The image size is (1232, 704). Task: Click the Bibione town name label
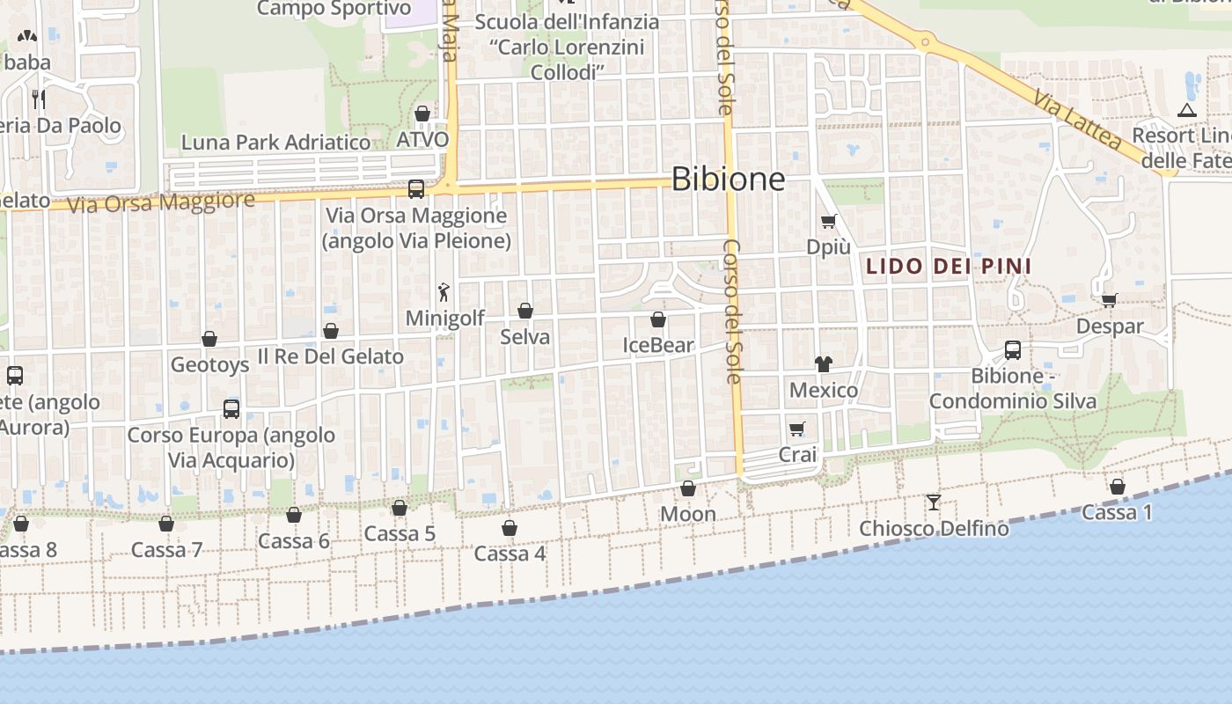(x=728, y=179)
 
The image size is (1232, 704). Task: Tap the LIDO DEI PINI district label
(x=949, y=266)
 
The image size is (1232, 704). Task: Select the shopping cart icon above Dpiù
(x=828, y=221)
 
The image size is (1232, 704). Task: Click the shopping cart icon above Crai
(x=797, y=429)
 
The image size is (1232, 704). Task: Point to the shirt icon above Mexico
(x=823, y=363)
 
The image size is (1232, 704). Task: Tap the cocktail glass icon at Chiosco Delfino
(x=934, y=502)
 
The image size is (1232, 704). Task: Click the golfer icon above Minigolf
(x=444, y=292)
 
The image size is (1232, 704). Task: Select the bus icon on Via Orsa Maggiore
(x=416, y=188)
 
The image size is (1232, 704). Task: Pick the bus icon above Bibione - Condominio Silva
(x=1013, y=350)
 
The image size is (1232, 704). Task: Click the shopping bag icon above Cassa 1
(x=1118, y=486)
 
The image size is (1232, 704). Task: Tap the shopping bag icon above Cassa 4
(x=510, y=528)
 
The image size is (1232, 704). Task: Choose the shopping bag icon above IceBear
(x=658, y=319)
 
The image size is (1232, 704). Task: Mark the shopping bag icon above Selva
(x=525, y=311)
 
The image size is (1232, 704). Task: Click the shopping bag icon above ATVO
(x=422, y=114)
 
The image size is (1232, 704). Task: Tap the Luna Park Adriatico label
(x=275, y=143)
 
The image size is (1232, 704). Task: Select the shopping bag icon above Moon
(x=688, y=488)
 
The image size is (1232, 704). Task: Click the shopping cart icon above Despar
(x=1110, y=300)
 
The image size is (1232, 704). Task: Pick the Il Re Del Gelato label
(x=330, y=356)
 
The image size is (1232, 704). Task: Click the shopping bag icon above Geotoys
(x=209, y=339)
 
